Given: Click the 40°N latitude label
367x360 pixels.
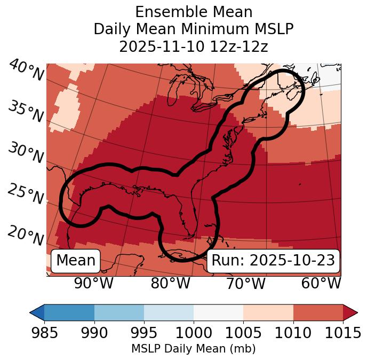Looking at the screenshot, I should tap(26, 71).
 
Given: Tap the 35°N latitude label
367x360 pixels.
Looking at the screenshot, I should tap(26, 112).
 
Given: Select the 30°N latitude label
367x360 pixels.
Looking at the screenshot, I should tap(26, 153).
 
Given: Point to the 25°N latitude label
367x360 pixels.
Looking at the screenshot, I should tap(26, 194).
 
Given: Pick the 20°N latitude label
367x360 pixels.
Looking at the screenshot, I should tap(26, 235).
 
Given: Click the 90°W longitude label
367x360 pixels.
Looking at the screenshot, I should tap(94, 283).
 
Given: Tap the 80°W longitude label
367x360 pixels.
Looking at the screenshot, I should tap(170, 283).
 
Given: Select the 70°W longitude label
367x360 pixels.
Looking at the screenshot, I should tap(245, 283).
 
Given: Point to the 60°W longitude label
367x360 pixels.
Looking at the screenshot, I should tap(321, 283).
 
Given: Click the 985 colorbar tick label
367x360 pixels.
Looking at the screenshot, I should tap(44, 333).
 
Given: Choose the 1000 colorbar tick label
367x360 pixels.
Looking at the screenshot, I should tap(194, 333).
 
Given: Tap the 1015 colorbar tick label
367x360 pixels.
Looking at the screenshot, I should tap(343, 333).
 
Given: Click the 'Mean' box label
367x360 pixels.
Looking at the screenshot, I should tap(76, 261).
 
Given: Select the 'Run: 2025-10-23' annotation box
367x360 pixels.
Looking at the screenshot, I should tap(273, 261).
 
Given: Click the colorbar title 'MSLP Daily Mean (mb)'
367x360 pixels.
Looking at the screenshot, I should tap(194, 349).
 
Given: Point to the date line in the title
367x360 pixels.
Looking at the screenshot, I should tap(194, 46).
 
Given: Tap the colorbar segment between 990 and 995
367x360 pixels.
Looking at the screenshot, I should tap(119, 312).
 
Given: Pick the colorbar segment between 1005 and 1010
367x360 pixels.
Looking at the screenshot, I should tap(268, 312).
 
